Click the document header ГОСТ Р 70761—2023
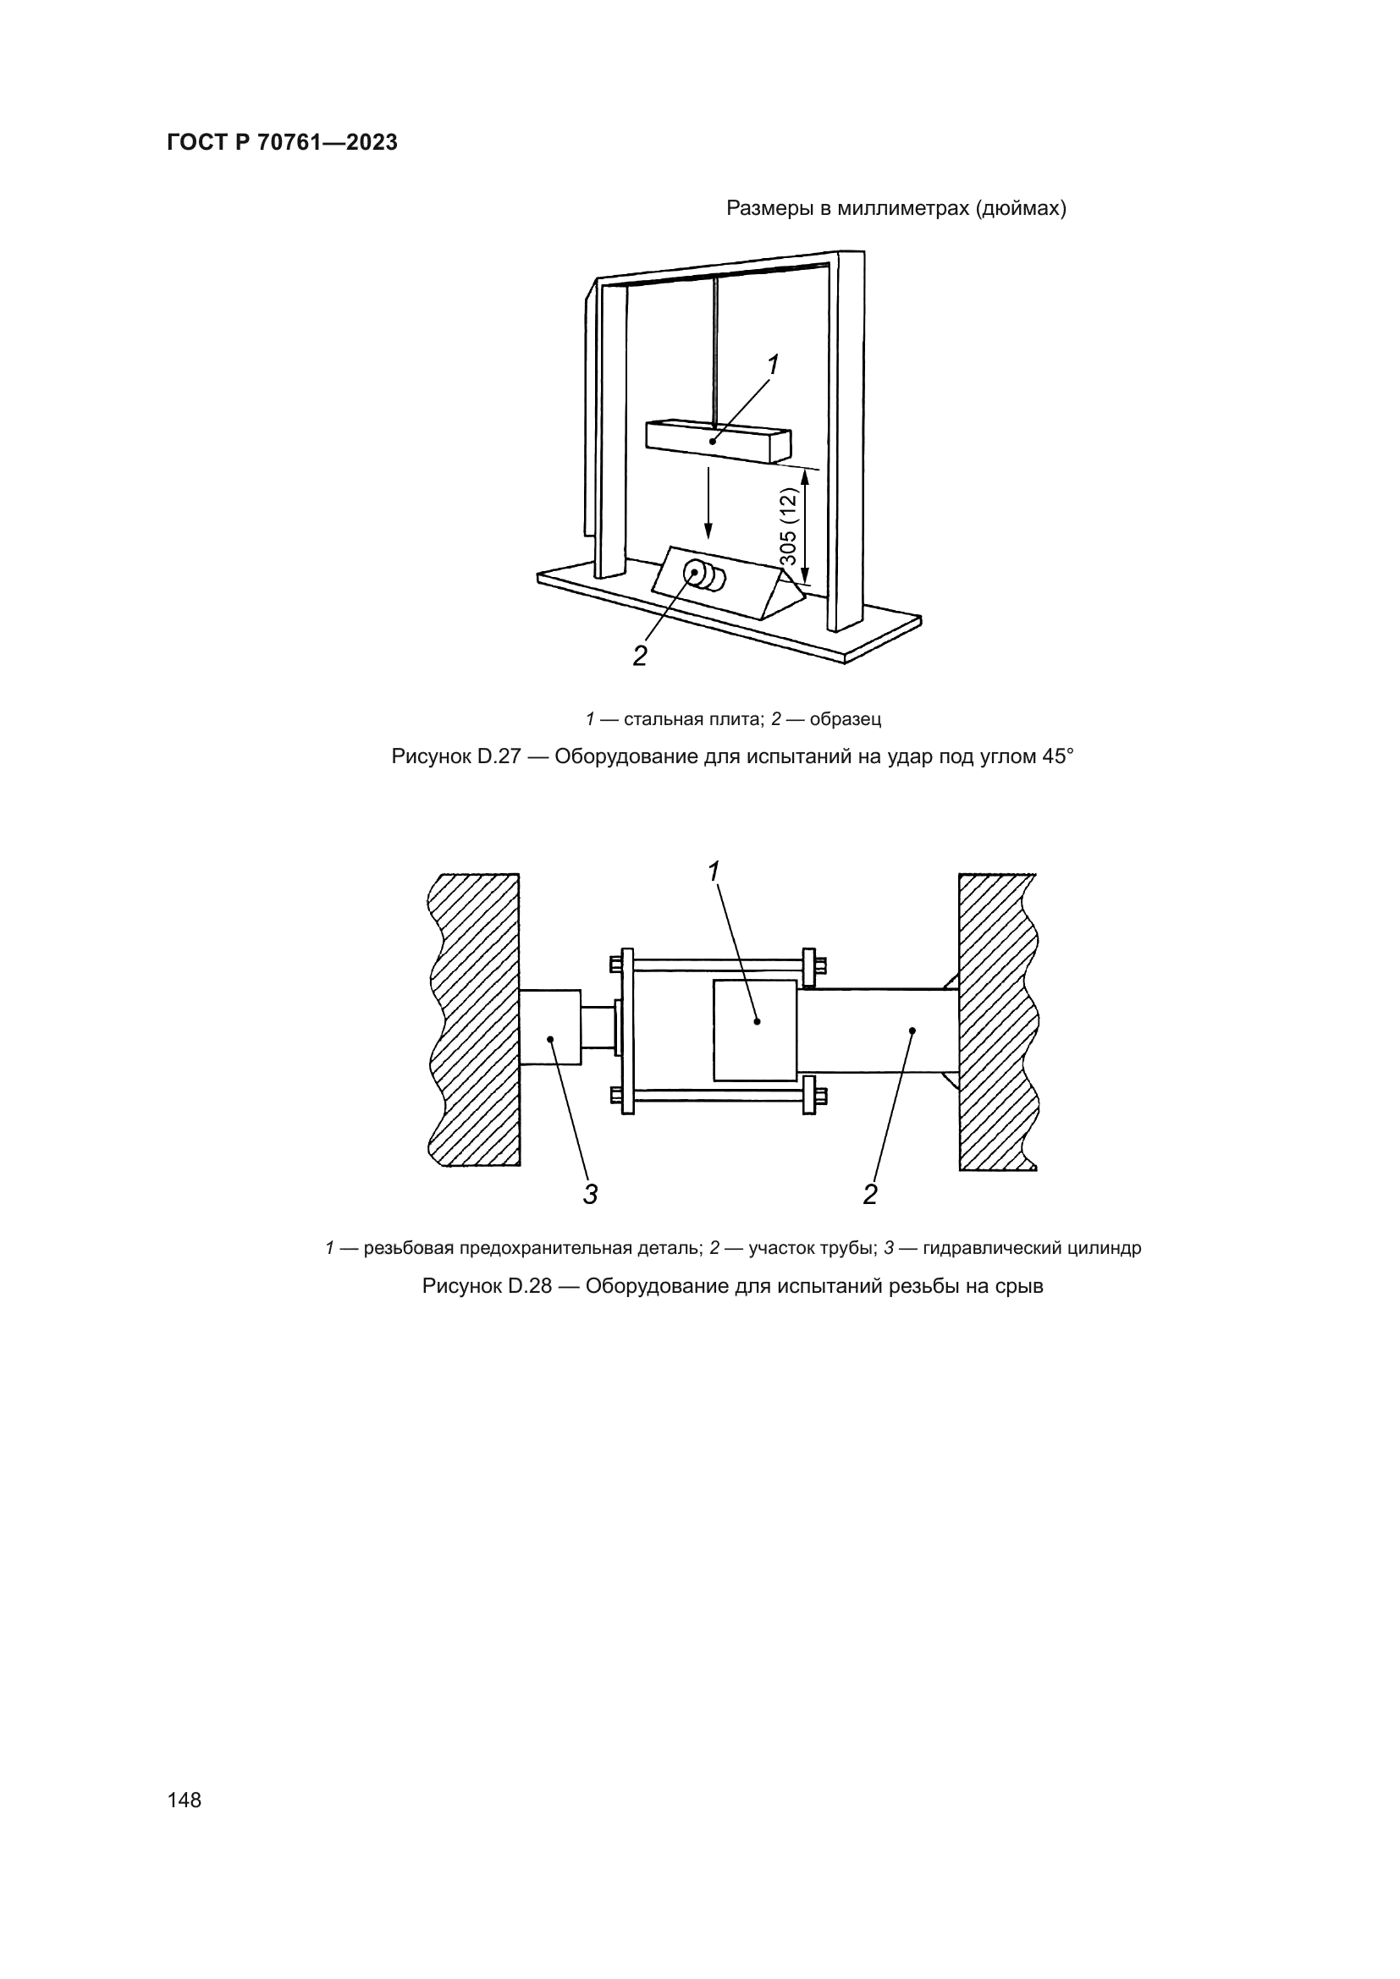[x=282, y=143]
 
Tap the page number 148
[x=185, y=1800]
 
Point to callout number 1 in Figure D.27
[x=774, y=366]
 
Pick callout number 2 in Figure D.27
[x=640, y=656]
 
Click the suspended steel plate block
[x=717, y=441]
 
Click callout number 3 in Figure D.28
[x=591, y=1195]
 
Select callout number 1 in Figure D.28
[x=714, y=871]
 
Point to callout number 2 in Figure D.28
[x=870, y=1195]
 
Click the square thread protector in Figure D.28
[x=754, y=1030]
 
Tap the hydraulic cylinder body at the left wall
[x=549, y=1027]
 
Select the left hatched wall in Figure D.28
[x=476, y=1020]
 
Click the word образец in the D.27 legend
[x=845, y=719]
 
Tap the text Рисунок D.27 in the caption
[x=456, y=756]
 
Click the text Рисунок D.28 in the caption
[x=486, y=1286]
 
